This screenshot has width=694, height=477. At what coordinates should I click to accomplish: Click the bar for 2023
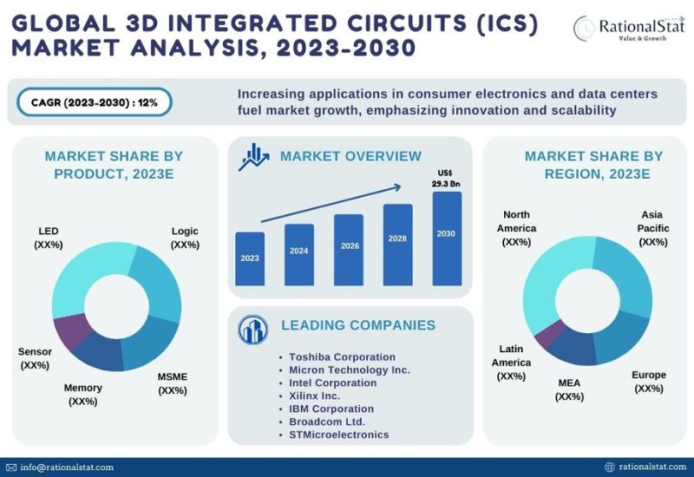[x=250, y=258]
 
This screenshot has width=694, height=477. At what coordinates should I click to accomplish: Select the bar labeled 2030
[x=447, y=238]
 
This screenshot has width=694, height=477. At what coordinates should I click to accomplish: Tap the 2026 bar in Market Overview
[x=349, y=250]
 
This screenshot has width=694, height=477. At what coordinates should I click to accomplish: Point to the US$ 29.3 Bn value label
[x=446, y=179]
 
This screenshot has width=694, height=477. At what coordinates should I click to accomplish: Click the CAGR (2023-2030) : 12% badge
[x=95, y=102]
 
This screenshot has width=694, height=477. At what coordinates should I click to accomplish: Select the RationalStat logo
[x=629, y=28]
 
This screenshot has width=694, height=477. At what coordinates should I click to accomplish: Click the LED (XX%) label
[x=49, y=238]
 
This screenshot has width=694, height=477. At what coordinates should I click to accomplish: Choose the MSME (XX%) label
[x=173, y=383]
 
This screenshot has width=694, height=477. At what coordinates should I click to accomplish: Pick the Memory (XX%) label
[x=82, y=395]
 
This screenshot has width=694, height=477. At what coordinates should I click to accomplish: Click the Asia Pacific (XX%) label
[x=653, y=228]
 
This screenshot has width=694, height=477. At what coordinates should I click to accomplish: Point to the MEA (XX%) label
[x=569, y=389]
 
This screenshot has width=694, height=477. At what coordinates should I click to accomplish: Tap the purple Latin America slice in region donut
[x=548, y=335]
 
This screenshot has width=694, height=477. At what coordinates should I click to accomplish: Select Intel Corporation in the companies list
[x=333, y=382]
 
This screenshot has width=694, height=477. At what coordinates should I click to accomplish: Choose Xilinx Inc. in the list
[x=314, y=395]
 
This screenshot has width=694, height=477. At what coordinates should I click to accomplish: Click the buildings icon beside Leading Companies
[x=252, y=330]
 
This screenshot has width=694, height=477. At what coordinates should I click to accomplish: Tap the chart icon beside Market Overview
[x=253, y=157]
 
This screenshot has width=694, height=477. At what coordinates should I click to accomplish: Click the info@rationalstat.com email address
[x=67, y=467]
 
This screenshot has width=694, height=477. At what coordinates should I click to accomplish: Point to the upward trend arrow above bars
[x=331, y=204]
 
